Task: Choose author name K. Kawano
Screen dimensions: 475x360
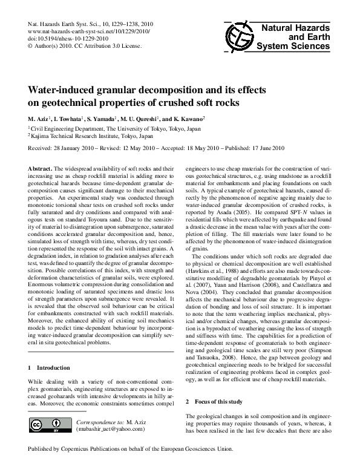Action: [187, 119]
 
